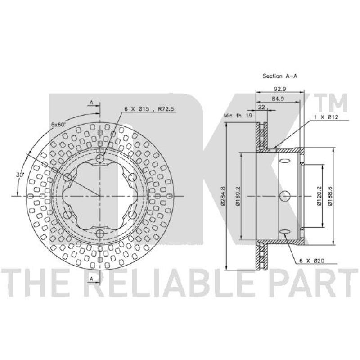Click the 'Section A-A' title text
pos(279,76)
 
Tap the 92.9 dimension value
pos(279,89)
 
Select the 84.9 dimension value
pos(278,99)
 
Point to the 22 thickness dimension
pos(261,107)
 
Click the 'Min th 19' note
pos(238,116)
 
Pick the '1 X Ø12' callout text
pos(326,117)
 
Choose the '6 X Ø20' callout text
pos(312,261)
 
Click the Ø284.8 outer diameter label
pos(222,196)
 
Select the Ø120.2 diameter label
pos(319,196)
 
